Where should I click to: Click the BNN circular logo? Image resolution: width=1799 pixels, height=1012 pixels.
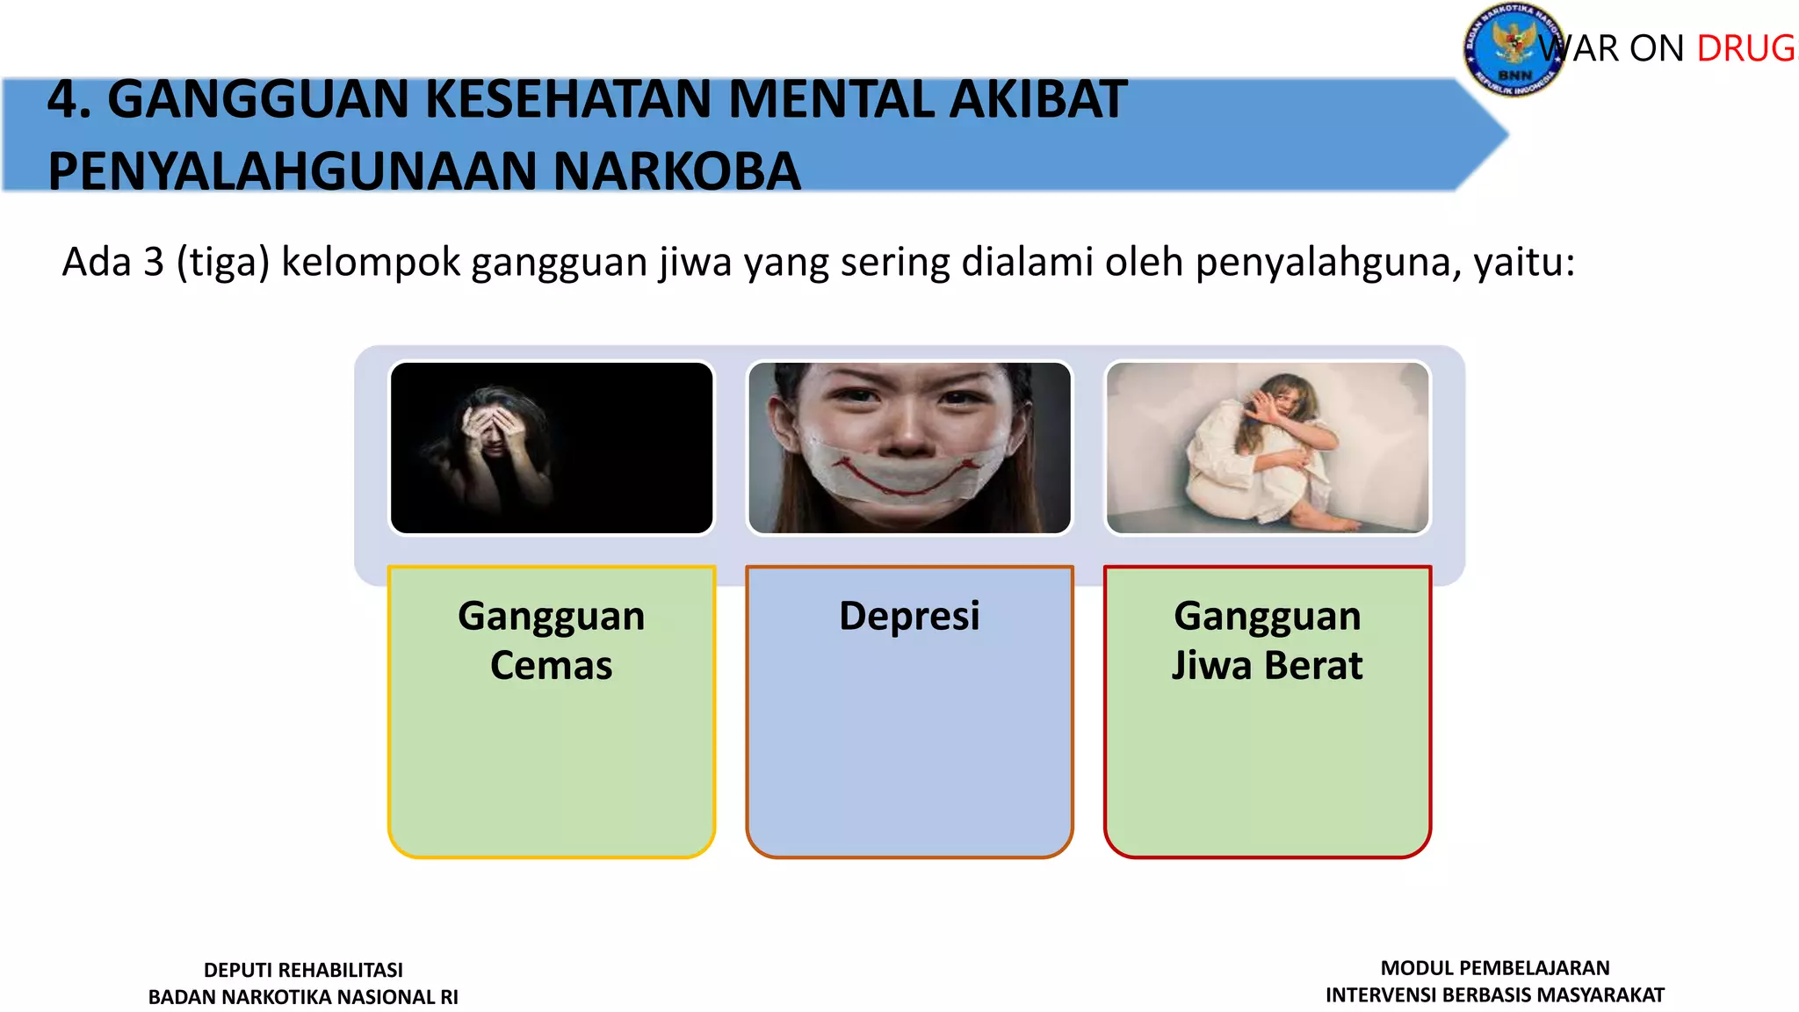[1513, 49]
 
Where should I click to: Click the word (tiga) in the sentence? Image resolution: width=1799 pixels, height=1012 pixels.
[222, 263]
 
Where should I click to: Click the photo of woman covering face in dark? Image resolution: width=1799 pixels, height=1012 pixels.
[552, 448]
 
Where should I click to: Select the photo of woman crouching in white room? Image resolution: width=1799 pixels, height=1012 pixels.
[1268, 448]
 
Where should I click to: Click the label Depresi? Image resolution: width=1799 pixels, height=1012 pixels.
[909, 616]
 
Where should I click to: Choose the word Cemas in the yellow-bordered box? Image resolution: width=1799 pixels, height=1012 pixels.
[551, 666]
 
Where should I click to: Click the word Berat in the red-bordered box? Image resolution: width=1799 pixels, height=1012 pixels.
[1314, 666]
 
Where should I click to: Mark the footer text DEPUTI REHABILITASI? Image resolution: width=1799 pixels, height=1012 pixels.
[303, 970]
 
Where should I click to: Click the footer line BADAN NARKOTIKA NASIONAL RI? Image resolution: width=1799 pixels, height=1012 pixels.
[303, 997]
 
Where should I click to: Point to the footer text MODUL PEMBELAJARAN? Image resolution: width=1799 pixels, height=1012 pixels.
[1495, 968]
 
